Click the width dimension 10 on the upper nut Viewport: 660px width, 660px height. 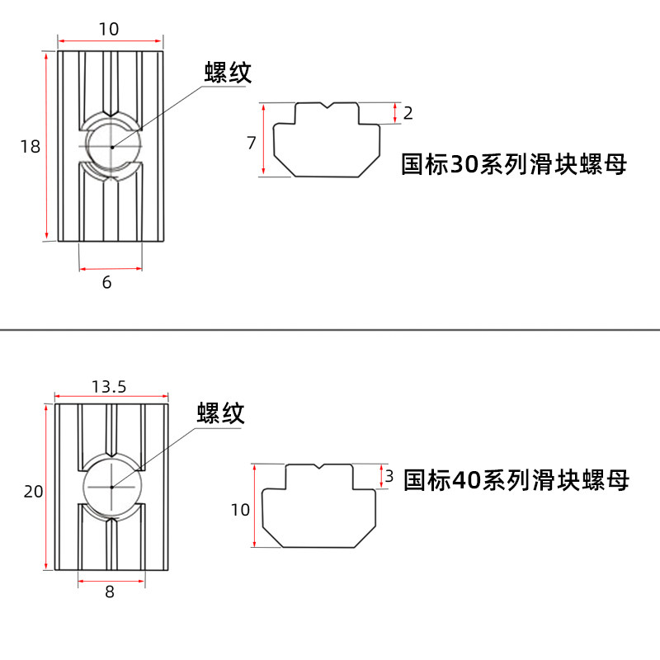(109, 29)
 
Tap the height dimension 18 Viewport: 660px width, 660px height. (30, 147)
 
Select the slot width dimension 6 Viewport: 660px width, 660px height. (106, 282)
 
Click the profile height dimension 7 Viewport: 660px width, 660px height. (251, 143)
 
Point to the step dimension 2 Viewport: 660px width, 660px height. (408, 113)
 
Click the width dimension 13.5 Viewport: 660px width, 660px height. (110, 386)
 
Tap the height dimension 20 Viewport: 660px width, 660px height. (33, 492)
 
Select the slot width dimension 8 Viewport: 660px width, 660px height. (110, 592)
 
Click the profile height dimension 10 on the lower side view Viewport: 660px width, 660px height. (240, 510)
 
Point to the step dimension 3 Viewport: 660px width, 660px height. (389, 476)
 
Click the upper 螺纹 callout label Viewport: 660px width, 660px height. (227, 73)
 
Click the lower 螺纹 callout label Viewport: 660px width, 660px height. (220, 412)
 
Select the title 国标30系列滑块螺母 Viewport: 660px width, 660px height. (513, 164)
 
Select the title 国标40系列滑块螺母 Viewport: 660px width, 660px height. (516, 479)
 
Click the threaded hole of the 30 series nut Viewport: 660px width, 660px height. (111, 147)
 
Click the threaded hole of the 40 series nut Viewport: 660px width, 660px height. (112, 487)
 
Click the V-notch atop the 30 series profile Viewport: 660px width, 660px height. (328, 106)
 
